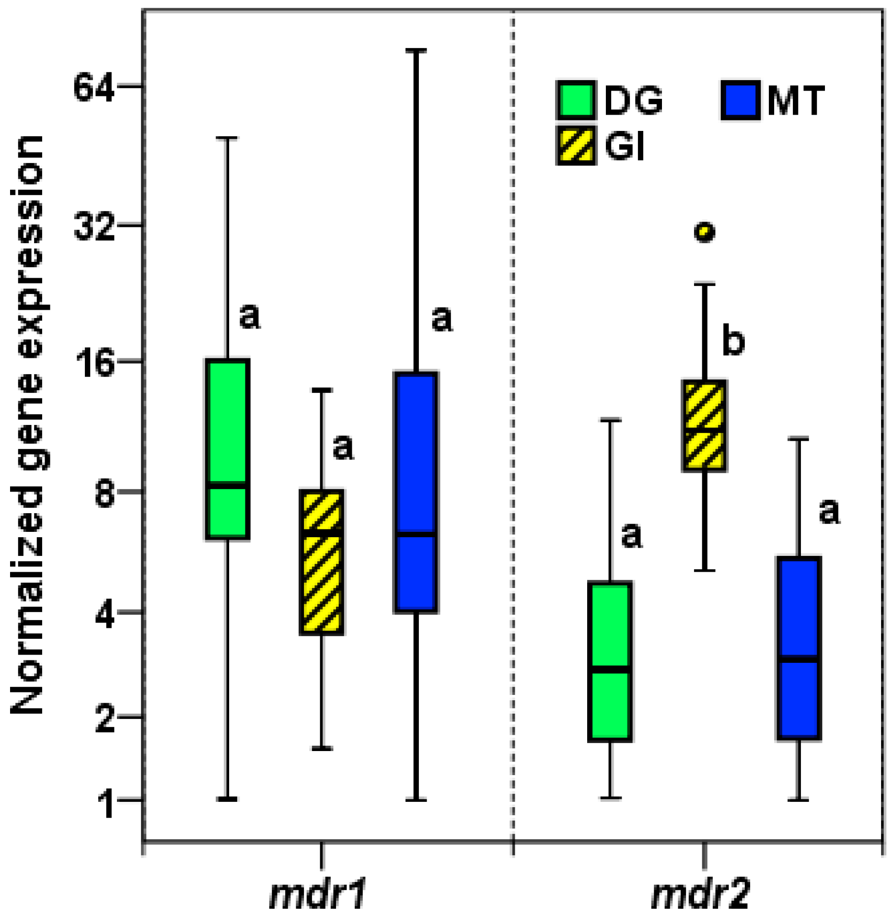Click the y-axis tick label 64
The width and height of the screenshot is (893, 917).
(x=93, y=88)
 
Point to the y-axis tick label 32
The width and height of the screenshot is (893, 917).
(x=94, y=226)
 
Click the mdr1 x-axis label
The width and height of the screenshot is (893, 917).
(x=318, y=893)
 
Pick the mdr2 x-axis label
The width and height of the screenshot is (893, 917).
(x=700, y=893)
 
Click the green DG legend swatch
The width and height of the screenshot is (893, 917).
(x=576, y=100)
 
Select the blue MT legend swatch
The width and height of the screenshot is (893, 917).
(x=741, y=100)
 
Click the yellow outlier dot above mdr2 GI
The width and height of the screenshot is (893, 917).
(x=704, y=232)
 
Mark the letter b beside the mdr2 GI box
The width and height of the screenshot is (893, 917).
(x=733, y=340)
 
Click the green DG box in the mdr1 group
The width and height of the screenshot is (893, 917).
(x=228, y=432)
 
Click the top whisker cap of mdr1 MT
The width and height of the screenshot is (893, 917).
(x=416, y=50)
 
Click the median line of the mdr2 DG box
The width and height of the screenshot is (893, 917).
(x=610, y=668)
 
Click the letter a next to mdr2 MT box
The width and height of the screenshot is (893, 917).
(x=829, y=511)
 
